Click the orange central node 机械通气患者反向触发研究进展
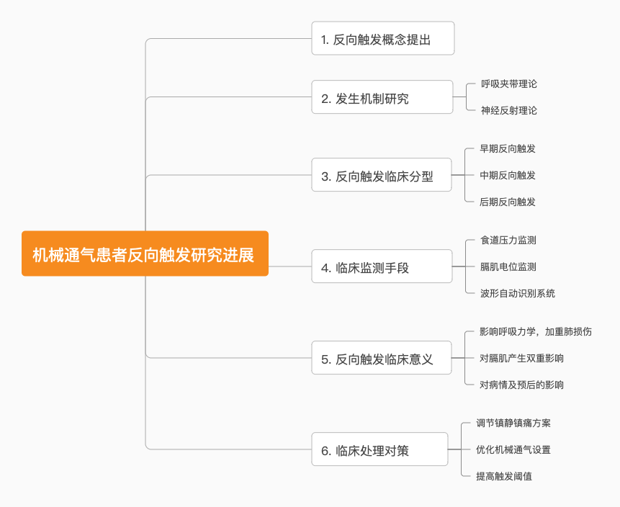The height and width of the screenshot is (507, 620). (145, 253)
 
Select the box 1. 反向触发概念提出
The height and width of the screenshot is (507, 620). (382, 39)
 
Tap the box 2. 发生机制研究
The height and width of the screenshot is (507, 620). (382, 97)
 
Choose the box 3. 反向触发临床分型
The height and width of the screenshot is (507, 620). (381, 175)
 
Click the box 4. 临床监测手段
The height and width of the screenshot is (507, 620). (382, 266)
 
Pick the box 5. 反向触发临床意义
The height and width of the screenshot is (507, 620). (381, 358)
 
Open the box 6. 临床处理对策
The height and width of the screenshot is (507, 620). (379, 449)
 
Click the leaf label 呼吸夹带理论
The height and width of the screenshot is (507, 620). (509, 84)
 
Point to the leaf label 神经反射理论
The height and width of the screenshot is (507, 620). (509, 110)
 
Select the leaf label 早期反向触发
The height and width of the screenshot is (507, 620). (508, 148)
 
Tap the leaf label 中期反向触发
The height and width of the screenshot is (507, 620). (508, 175)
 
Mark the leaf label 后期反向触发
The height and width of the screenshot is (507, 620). (508, 202)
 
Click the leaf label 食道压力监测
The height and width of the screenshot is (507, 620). (508, 240)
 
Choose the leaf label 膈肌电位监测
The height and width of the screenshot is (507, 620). (508, 266)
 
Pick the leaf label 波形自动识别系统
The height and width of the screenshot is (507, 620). (517, 293)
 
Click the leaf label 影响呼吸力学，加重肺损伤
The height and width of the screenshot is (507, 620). (536, 331)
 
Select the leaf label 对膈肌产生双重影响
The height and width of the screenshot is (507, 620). (521, 358)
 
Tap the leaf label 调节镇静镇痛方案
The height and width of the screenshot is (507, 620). (513, 423)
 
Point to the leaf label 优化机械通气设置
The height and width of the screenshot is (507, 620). (513, 449)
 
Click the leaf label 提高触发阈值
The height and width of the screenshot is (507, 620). (503, 476)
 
